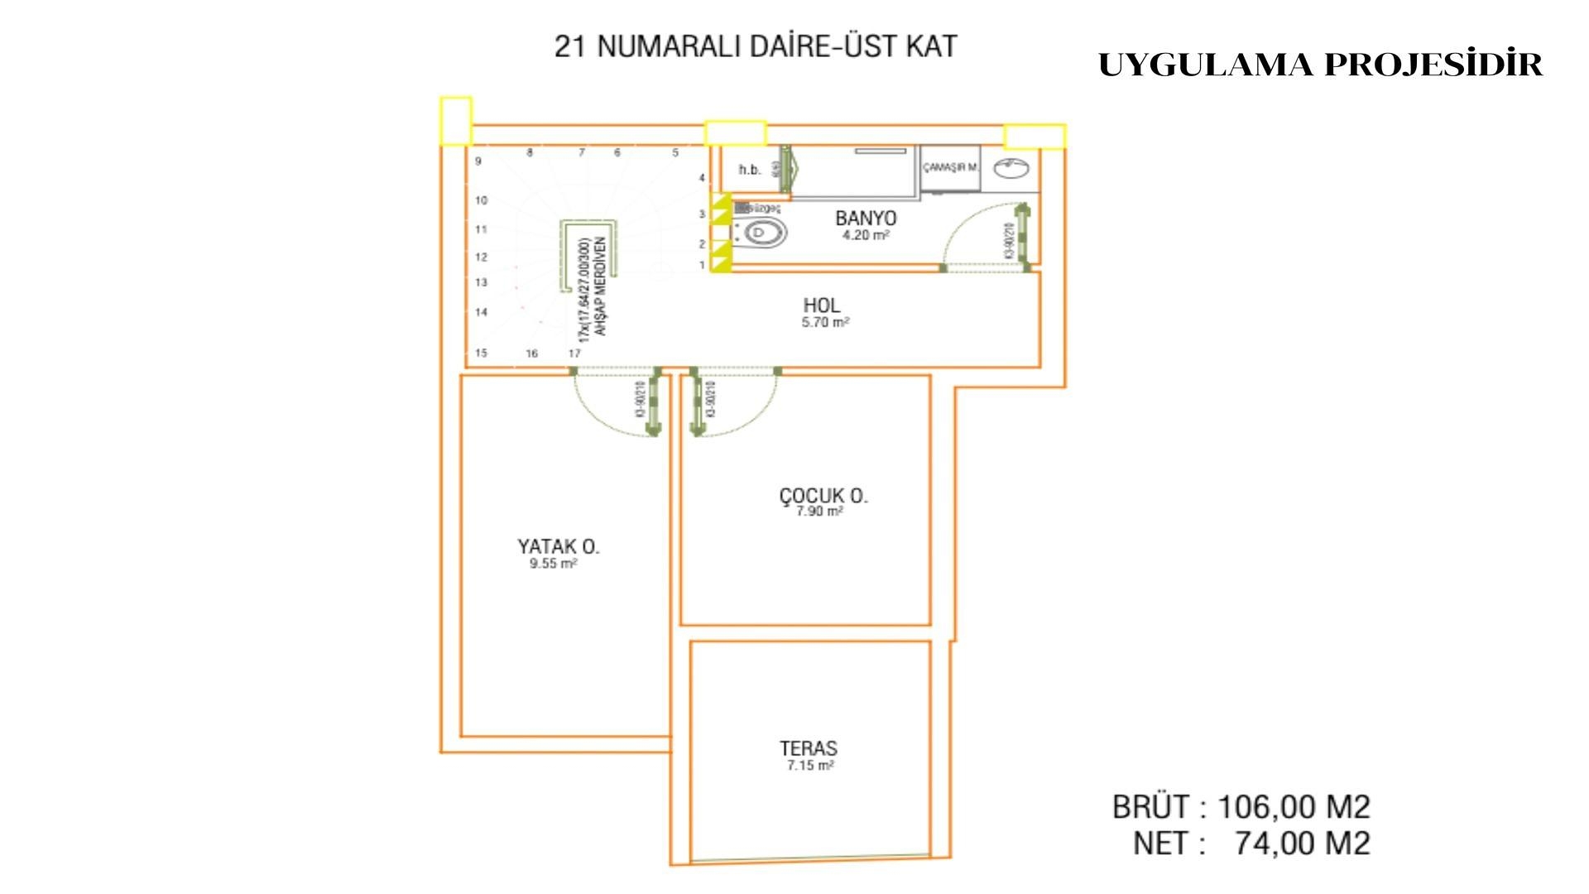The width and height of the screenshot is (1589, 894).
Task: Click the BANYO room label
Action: tap(865, 218)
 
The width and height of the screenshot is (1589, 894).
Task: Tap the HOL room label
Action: tap(821, 305)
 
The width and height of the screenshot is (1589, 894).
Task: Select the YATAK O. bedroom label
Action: tap(558, 546)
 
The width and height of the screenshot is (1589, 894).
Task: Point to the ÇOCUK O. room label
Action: tap(823, 496)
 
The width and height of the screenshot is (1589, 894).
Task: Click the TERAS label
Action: tap(808, 748)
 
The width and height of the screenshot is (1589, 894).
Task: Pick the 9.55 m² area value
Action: tap(553, 564)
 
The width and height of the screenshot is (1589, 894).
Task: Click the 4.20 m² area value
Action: tap(865, 236)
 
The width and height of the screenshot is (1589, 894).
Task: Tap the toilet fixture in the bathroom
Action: tap(760, 233)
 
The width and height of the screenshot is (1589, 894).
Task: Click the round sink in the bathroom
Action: tap(1011, 168)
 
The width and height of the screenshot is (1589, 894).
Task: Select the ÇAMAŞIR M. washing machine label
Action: tap(950, 167)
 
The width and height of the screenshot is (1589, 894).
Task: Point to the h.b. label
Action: tap(750, 170)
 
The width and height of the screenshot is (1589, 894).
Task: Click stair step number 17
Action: tap(574, 353)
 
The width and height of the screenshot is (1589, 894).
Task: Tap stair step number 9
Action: tap(478, 161)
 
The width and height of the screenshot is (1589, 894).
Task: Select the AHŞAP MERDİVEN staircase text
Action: tap(602, 286)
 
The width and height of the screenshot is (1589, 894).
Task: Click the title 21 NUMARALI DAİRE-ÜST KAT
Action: tap(755, 46)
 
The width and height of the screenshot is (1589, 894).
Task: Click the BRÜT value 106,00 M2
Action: tap(1294, 806)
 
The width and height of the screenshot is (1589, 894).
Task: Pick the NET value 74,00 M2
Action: tap(1302, 844)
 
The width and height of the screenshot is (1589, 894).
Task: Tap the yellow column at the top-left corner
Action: tap(455, 121)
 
